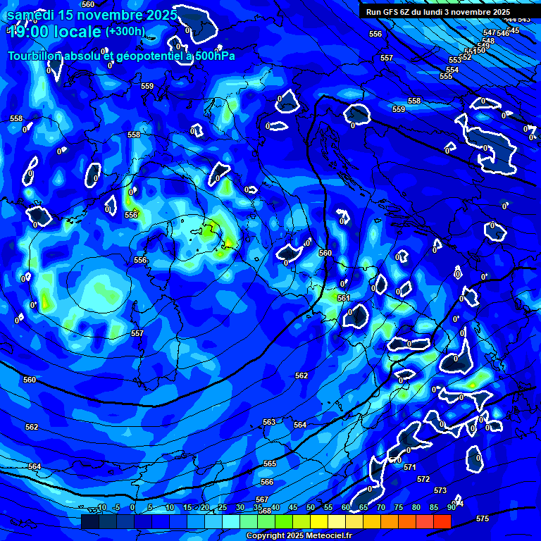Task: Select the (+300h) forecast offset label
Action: point(125,32)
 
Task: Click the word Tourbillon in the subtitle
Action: point(35,56)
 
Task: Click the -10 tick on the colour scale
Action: point(100,508)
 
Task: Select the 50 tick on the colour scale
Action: point(310,508)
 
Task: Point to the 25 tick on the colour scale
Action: point(223,508)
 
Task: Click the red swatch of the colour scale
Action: point(442,521)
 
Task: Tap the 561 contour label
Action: point(344,298)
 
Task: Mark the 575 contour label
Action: point(483,518)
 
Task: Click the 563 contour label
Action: point(269,422)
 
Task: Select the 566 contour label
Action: point(267,482)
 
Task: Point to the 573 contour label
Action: point(440,490)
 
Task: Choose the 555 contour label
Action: point(446,76)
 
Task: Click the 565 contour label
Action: point(270,464)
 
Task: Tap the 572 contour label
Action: point(423,479)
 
